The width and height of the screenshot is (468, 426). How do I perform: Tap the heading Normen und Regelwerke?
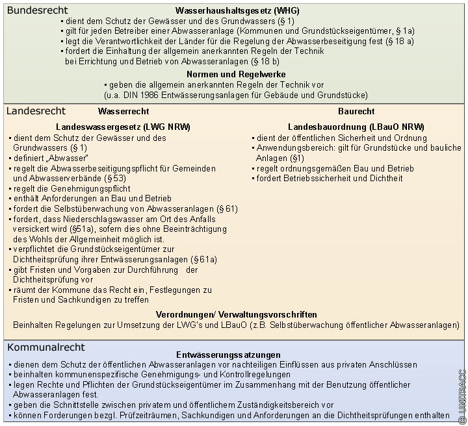click(235, 75)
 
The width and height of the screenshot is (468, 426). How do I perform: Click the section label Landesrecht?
click(36, 111)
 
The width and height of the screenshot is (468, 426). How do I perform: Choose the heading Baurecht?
click(356, 112)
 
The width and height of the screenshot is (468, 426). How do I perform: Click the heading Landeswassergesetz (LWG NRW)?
click(123, 127)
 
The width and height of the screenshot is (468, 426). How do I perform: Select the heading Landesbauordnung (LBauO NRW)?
click(356, 127)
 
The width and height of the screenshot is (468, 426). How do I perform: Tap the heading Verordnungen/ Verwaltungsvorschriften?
click(237, 314)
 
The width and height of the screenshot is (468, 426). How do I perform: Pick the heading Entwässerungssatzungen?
click(228, 355)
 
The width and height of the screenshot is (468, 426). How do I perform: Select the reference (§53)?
click(115, 178)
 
